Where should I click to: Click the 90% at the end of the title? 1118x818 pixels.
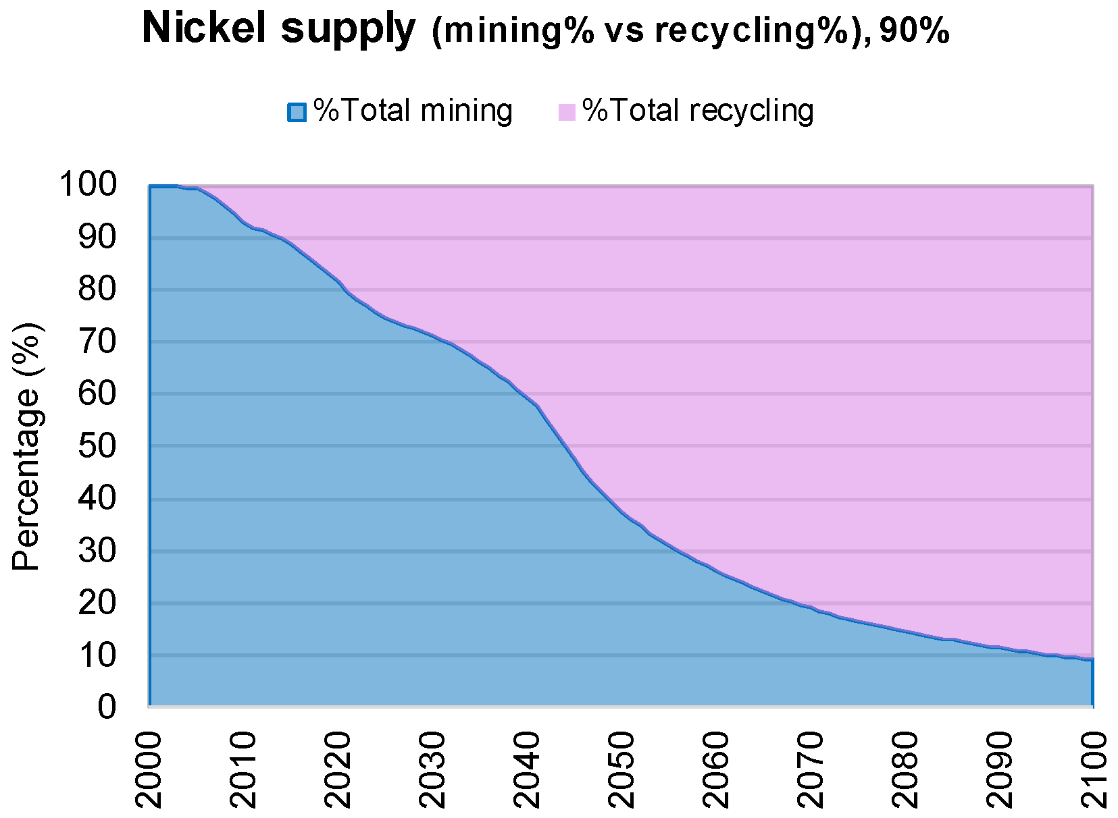(915, 31)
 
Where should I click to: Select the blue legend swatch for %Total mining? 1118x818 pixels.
(297, 111)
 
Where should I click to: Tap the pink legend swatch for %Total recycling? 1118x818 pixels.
(567, 111)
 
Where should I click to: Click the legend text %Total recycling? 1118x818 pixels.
(698, 110)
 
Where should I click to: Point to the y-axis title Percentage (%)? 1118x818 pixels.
(27, 446)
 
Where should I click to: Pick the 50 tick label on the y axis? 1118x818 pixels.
(97, 446)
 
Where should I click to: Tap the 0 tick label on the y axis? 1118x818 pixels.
(107, 707)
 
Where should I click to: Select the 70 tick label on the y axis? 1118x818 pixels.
(97, 342)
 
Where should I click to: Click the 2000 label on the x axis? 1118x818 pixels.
(150, 770)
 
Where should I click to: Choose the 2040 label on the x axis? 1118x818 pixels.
(528, 770)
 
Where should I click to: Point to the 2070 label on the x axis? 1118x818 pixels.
(811, 770)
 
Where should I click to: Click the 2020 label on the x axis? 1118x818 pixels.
(339, 770)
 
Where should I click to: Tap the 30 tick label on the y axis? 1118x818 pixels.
(97, 551)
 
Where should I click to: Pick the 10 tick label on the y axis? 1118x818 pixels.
(97, 655)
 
